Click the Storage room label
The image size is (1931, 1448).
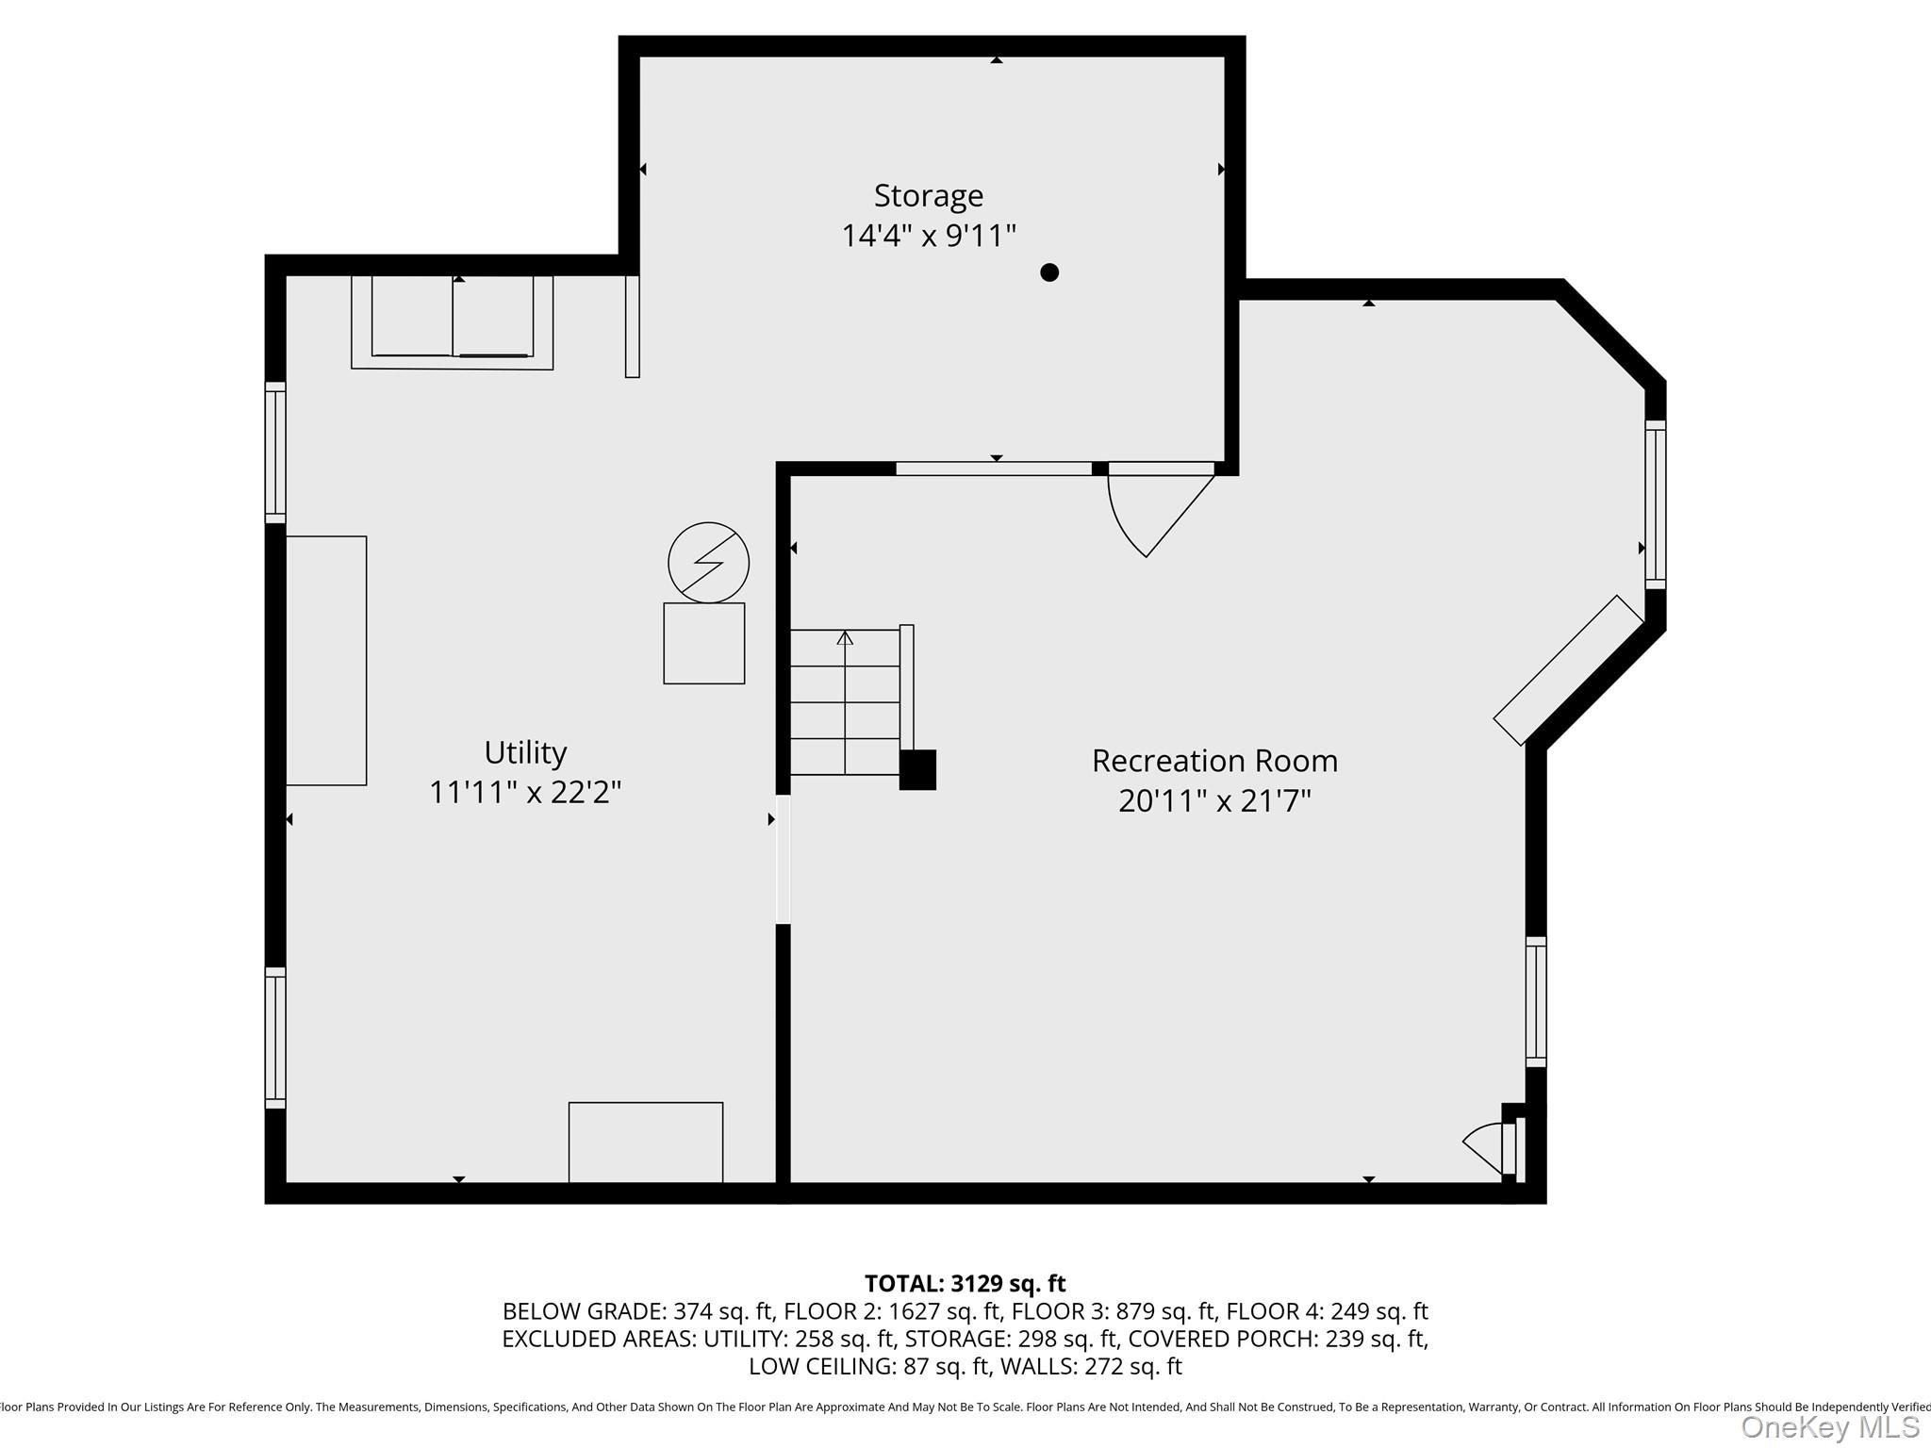click(x=929, y=196)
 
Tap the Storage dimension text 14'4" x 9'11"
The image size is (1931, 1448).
click(x=929, y=236)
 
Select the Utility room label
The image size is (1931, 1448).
click(x=525, y=752)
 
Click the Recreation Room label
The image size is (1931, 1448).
click(x=1214, y=761)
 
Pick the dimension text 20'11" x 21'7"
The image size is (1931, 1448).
click(x=1214, y=801)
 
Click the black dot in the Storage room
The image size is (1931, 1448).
click(x=1049, y=272)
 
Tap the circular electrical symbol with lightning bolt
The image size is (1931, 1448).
click(x=708, y=563)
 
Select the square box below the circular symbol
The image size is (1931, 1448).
click(x=704, y=644)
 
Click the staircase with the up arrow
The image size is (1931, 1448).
click(x=845, y=702)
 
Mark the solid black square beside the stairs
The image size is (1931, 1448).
click(x=917, y=770)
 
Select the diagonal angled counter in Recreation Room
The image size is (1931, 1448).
click(x=1568, y=670)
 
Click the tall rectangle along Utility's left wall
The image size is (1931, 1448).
click(x=326, y=661)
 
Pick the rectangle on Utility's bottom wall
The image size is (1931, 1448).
click(x=646, y=1142)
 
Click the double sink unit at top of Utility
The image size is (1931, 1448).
click(x=452, y=321)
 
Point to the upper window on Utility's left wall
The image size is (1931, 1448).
click(x=275, y=452)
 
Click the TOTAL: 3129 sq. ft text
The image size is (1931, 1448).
click(x=965, y=1284)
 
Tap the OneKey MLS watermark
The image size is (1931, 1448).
click(x=1829, y=1427)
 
